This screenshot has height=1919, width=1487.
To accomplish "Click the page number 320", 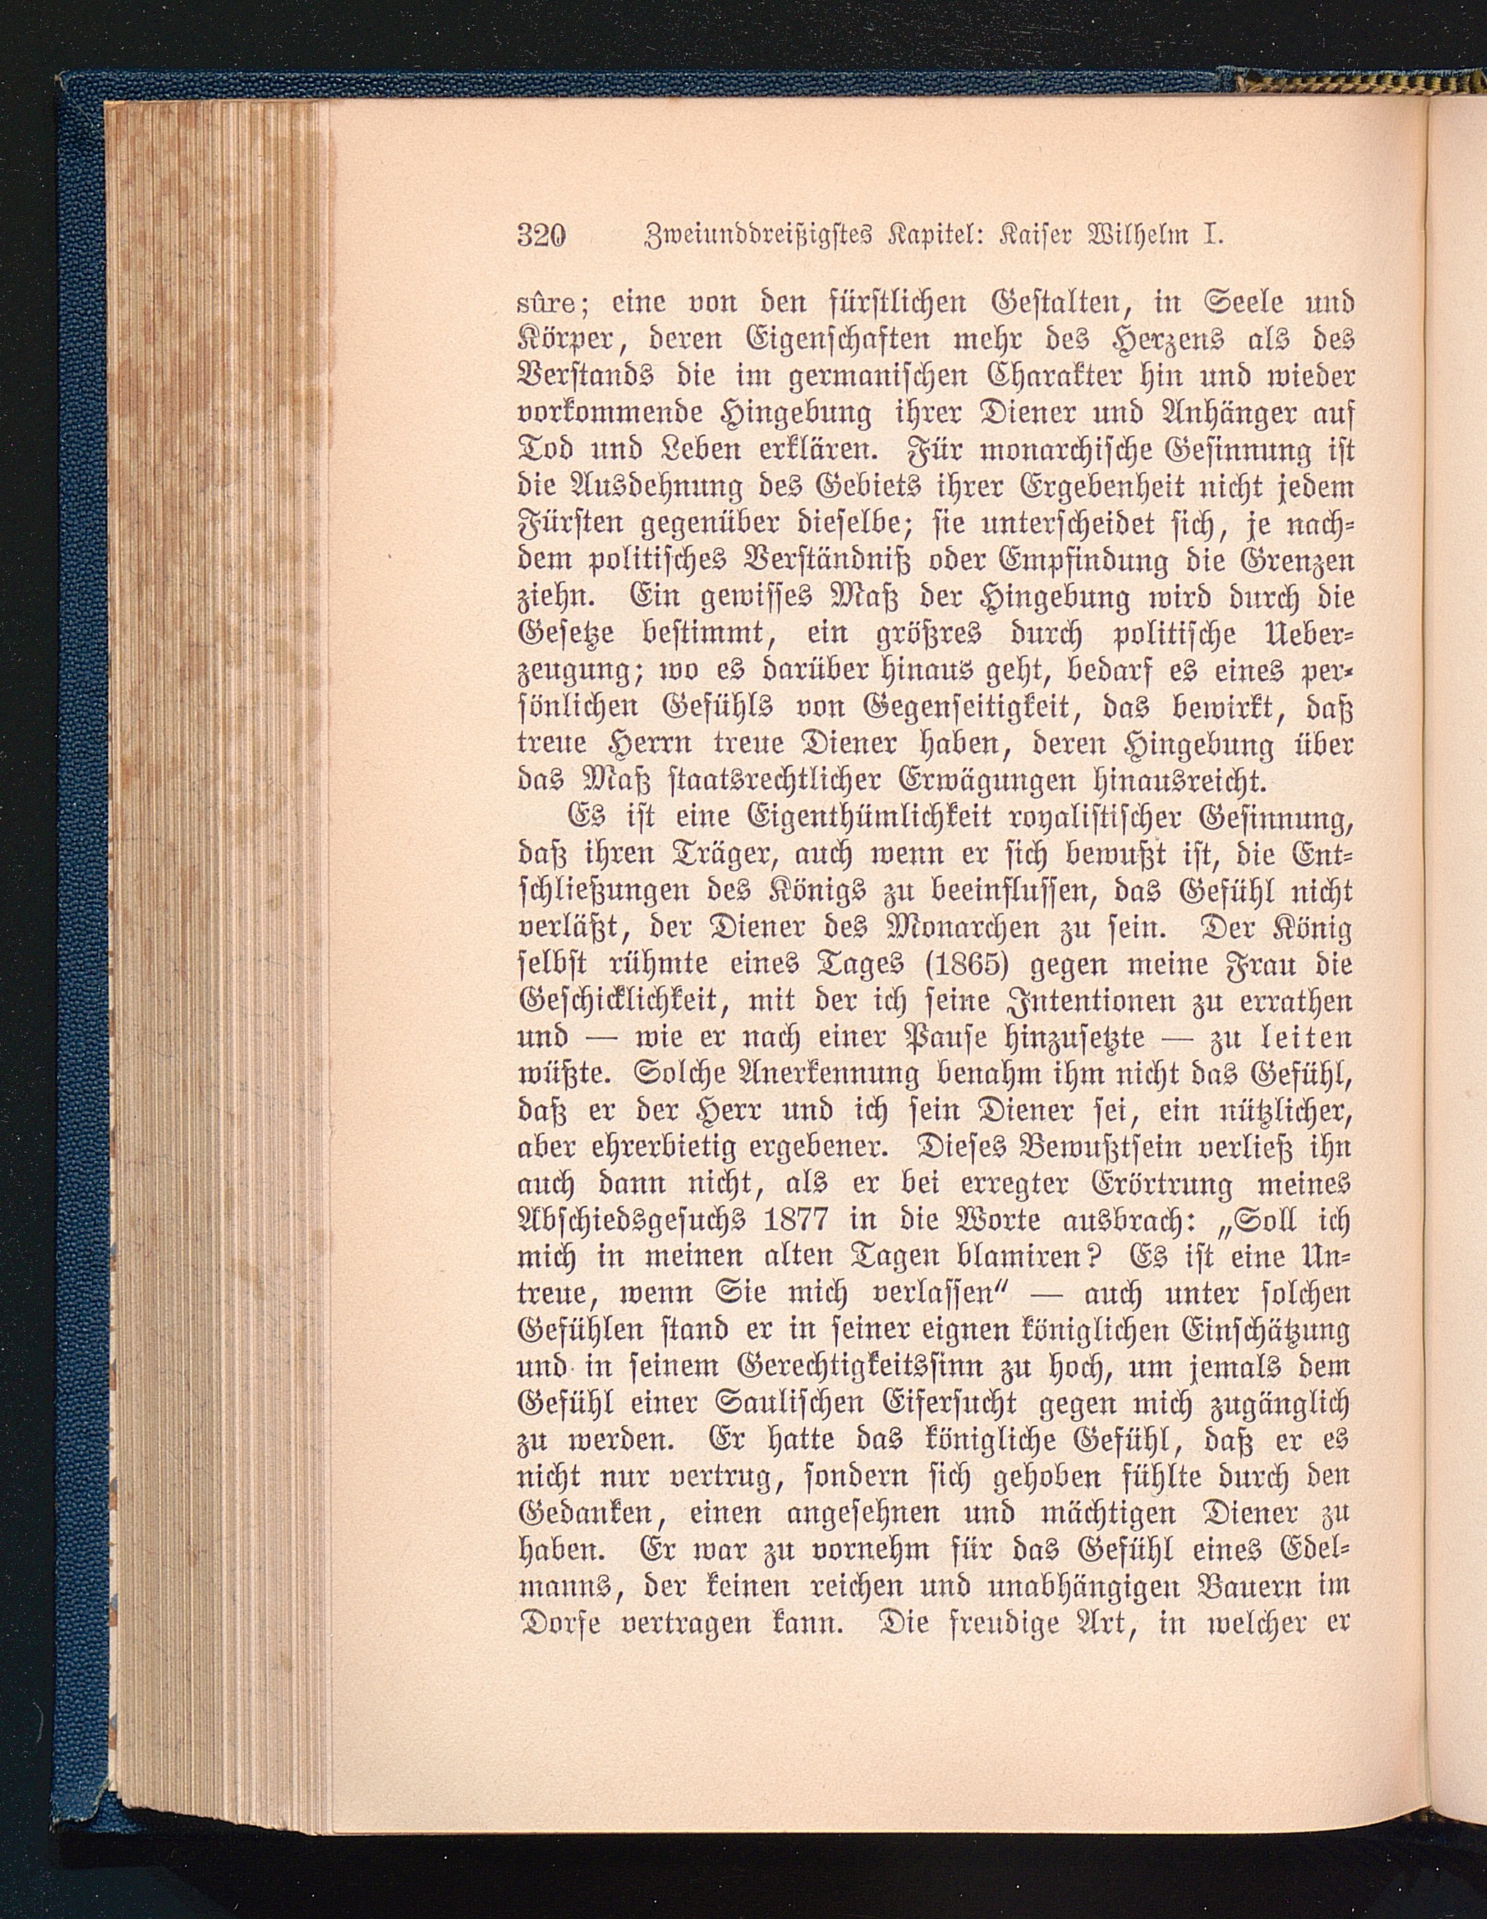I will [x=543, y=236].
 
